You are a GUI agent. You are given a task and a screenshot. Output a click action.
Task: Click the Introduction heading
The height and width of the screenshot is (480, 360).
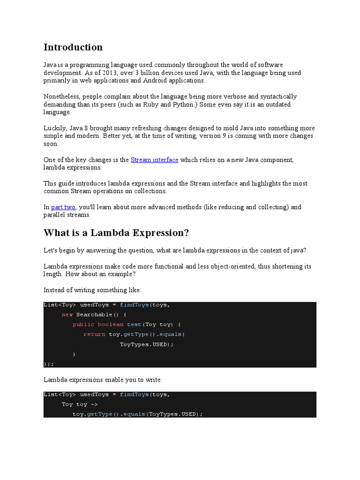tap(73, 47)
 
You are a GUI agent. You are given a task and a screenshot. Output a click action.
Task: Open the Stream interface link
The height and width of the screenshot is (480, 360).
tap(154, 160)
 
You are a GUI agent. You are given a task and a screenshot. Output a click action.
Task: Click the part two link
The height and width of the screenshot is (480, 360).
tap(63, 207)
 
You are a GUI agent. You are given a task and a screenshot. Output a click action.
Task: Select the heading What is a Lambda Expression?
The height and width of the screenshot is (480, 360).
tap(116, 233)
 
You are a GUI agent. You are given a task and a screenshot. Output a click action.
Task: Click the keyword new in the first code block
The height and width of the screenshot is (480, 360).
tap(67, 315)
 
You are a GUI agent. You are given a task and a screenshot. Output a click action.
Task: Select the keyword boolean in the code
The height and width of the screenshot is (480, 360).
tap(111, 324)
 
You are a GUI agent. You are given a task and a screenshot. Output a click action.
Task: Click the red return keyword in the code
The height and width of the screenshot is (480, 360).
tap(94, 334)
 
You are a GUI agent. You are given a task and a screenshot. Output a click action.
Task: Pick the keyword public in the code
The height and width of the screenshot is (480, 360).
tap(83, 324)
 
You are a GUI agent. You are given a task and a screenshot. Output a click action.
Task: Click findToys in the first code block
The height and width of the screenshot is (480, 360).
tap(135, 305)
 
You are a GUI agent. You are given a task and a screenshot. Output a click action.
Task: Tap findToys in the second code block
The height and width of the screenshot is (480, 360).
tap(135, 394)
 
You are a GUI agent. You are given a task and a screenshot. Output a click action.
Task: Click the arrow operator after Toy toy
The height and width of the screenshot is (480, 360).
tap(94, 404)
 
